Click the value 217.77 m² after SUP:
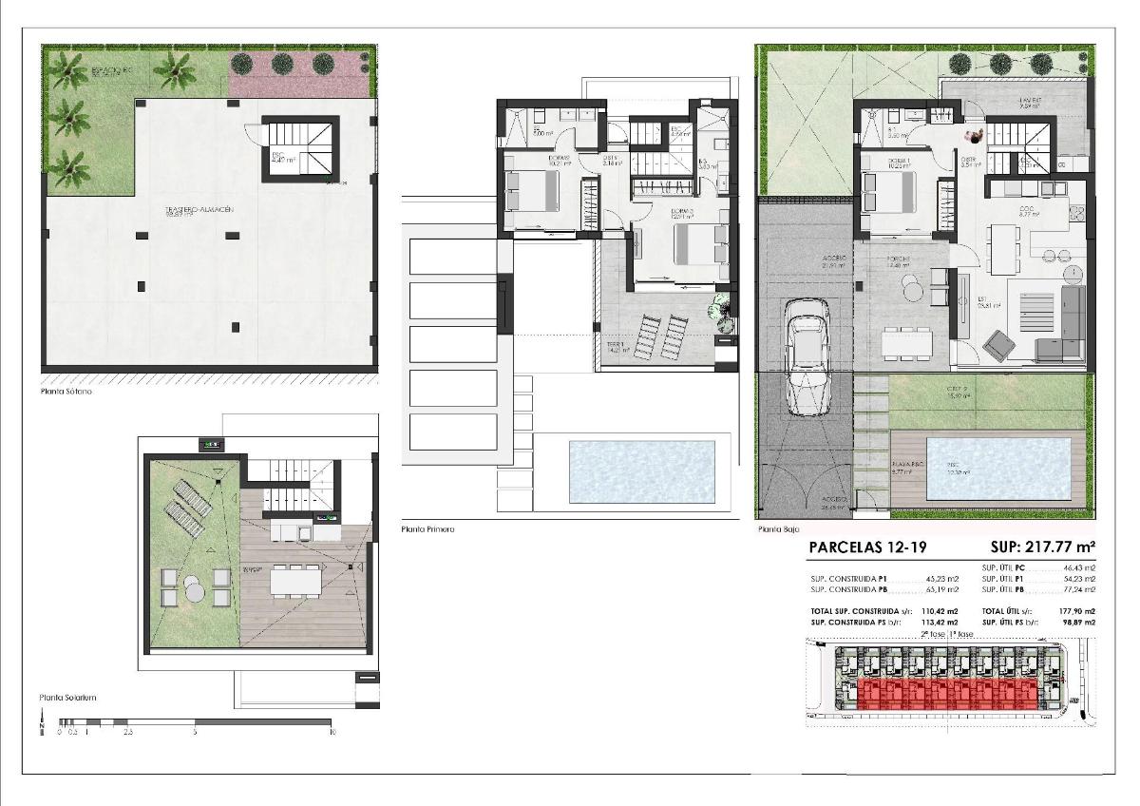(x=1058, y=547)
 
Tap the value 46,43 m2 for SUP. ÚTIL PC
(x=1079, y=567)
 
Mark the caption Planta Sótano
(x=66, y=391)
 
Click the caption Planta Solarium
(x=67, y=698)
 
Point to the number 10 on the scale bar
(x=332, y=733)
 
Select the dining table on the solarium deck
(x=297, y=578)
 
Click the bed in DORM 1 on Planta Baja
(x=889, y=193)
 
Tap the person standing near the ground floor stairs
(x=978, y=135)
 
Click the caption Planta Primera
(x=427, y=529)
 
